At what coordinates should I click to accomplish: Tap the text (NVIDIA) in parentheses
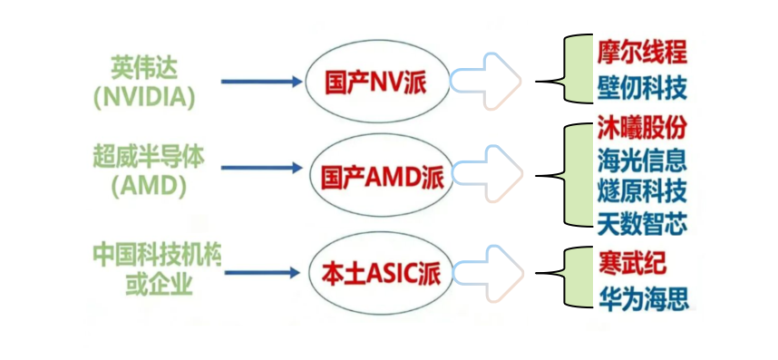click(x=144, y=95)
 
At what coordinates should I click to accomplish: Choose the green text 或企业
click(x=160, y=285)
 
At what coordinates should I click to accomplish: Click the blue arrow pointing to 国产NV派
click(x=261, y=82)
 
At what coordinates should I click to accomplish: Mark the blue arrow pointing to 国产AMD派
click(x=261, y=169)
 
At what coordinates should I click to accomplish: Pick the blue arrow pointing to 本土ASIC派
click(x=261, y=272)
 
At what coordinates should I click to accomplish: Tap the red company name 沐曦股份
click(x=641, y=127)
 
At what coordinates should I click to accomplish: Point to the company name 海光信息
click(x=641, y=160)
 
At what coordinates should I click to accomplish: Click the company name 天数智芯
click(x=641, y=222)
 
